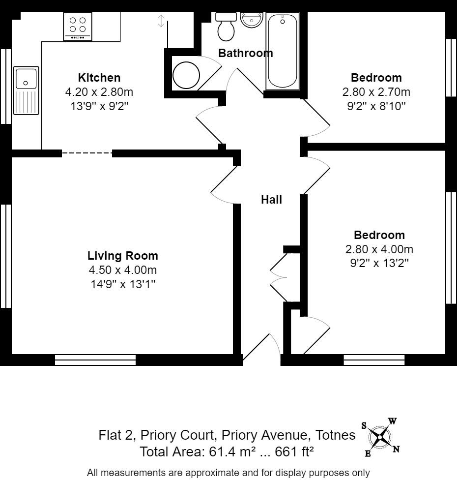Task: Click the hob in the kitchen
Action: click(x=78, y=27)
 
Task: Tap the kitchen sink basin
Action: click(x=26, y=78)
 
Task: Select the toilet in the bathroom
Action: click(x=226, y=28)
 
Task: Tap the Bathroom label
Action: click(x=245, y=53)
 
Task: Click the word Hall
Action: click(x=271, y=200)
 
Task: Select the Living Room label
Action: click(x=123, y=256)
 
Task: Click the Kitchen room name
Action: click(x=99, y=78)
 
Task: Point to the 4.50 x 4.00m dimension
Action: click(x=123, y=270)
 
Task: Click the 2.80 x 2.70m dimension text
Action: click(x=376, y=92)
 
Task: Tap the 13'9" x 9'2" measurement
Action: click(x=99, y=106)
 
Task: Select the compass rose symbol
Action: click(x=380, y=437)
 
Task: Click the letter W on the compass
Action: click(x=393, y=421)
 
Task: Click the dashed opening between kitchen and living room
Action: click(x=87, y=153)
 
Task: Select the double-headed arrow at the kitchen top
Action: click(x=161, y=21)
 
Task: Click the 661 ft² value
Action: click(x=294, y=451)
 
